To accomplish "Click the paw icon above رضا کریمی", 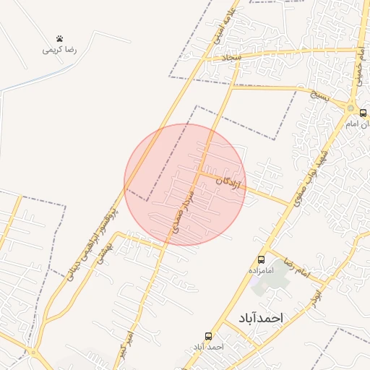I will pos(59,39).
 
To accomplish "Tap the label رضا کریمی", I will pos(60,51).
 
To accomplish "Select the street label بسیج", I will pos(319,94).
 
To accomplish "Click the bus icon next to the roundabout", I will pos(363,113).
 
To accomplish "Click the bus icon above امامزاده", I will pos(261,259).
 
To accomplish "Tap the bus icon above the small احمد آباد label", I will pos(209,336).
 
